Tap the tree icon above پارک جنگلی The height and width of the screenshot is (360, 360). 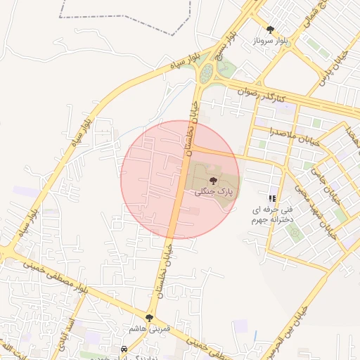click(214, 181)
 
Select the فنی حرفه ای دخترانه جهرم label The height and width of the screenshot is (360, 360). click(272, 214)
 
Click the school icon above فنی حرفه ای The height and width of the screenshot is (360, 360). click(272, 198)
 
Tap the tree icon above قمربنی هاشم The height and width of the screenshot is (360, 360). click(150, 318)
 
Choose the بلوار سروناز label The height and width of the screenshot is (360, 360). click(271, 41)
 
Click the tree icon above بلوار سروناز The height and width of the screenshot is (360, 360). click(270, 30)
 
